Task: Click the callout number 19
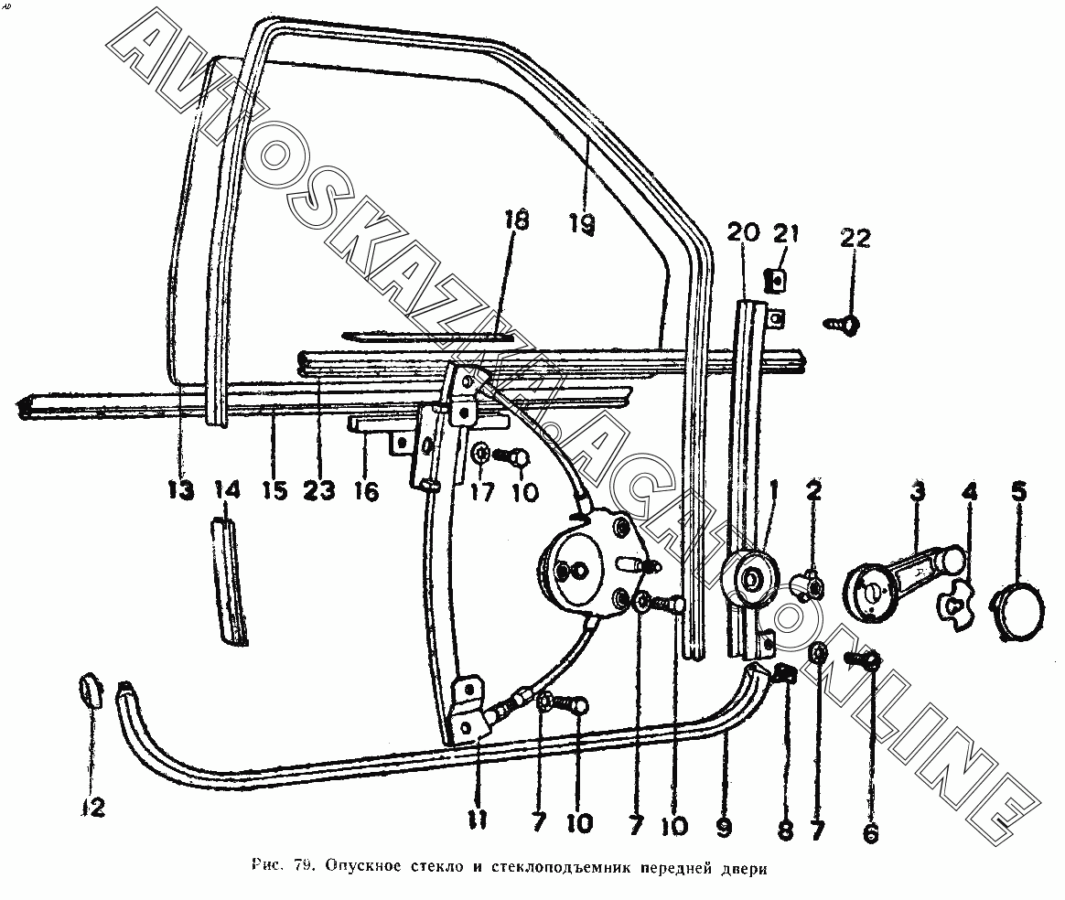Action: (x=583, y=224)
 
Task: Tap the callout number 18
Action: (x=517, y=220)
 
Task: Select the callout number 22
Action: (x=855, y=238)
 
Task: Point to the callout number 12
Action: (x=93, y=807)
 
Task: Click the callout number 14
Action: (x=228, y=490)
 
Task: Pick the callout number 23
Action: (x=320, y=490)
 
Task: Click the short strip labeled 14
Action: (x=226, y=581)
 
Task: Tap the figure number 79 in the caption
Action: (x=303, y=865)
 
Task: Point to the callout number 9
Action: (x=724, y=825)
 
